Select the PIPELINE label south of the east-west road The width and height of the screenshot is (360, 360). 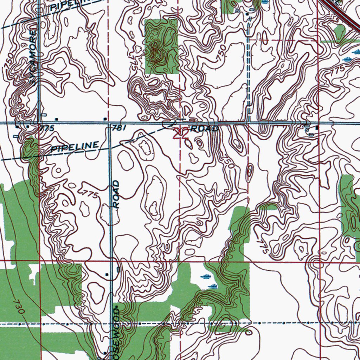click(75, 147)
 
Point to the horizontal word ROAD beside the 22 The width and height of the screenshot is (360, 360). click(204, 129)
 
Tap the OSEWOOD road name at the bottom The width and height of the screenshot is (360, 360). click(117, 330)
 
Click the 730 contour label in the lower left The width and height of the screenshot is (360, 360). click(19, 307)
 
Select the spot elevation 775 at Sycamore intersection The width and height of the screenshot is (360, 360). click(47, 129)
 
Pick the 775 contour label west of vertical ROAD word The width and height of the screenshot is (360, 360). click(89, 194)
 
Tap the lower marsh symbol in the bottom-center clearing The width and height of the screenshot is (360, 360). click(212, 286)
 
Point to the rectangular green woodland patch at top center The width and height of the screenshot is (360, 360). click(162, 46)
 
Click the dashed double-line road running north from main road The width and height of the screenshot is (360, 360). click(249, 70)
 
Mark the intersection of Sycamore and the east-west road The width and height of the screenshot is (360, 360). click(39, 123)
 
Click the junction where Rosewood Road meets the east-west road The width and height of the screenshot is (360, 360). click(110, 123)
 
